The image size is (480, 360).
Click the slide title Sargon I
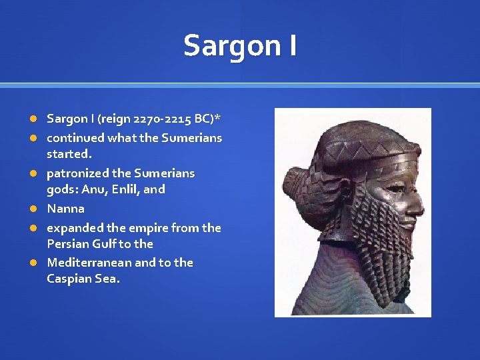(240, 46)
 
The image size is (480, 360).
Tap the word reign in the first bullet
(115, 119)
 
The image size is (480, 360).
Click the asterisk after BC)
(218, 118)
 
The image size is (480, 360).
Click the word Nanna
(65, 209)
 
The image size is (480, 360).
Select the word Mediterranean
(89, 263)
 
